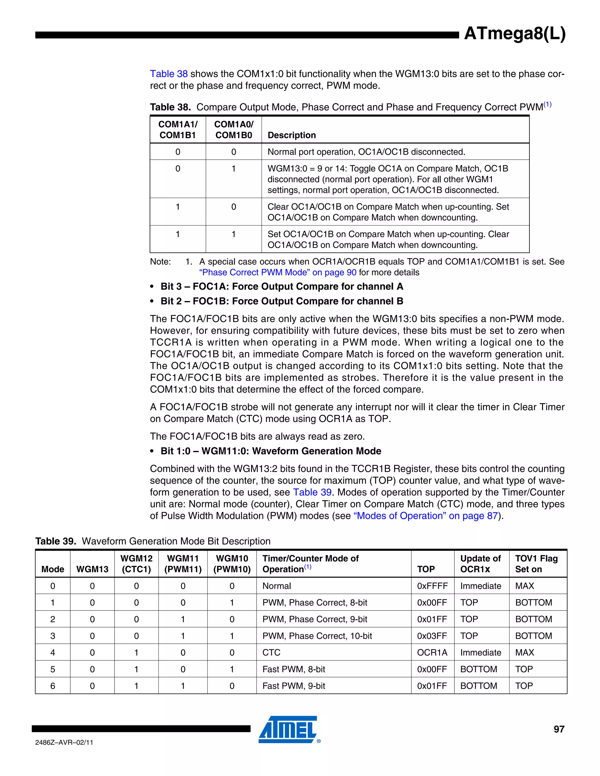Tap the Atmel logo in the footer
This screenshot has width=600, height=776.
coord(288,729)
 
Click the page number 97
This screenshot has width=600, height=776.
coord(559,729)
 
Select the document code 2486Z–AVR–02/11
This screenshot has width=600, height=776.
coord(64,742)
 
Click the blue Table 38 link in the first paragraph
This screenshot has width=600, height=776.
coord(168,74)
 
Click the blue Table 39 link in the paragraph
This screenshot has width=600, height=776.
coord(312,492)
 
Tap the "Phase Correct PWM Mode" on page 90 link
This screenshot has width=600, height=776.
coord(277,273)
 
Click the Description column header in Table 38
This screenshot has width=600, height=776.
coord(292,135)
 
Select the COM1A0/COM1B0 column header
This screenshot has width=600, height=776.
coord(233,130)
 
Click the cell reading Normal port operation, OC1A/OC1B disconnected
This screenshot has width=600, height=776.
coord(366,152)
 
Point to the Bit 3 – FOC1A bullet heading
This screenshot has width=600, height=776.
coord(282,286)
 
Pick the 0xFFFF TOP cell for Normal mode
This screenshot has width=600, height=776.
coord(432,586)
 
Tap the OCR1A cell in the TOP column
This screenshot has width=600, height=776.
coord(432,652)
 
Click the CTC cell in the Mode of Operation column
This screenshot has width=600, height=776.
coord(271,652)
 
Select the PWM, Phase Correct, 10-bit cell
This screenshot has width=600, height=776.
coord(317,636)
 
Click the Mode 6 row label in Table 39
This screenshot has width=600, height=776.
coord(53,686)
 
